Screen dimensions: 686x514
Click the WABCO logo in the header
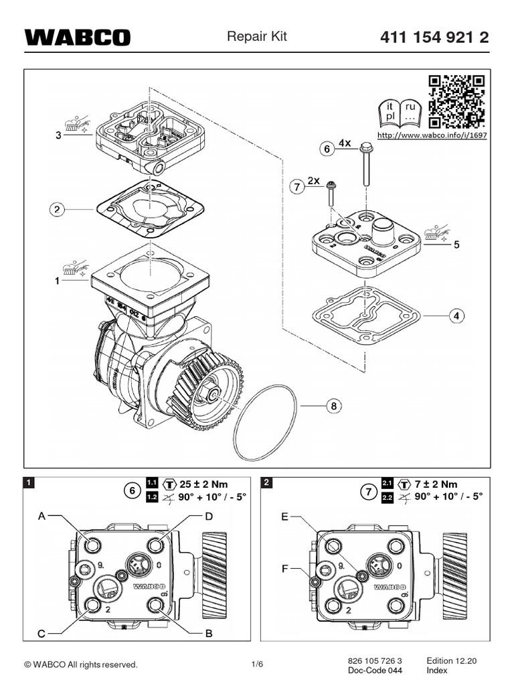click(x=78, y=38)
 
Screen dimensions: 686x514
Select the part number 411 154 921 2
click(x=434, y=38)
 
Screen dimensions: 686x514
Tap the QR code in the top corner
click(x=457, y=102)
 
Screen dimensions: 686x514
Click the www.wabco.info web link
click(x=432, y=135)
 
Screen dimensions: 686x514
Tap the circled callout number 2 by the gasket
click(x=58, y=210)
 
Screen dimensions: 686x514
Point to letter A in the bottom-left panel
click(x=41, y=517)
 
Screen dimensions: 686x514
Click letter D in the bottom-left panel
click(x=208, y=517)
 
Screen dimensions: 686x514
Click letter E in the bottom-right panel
click(x=284, y=517)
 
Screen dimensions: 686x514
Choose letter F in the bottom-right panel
click(x=284, y=568)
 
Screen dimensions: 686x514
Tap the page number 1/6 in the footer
click(x=257, y=665)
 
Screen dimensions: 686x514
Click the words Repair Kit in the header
click(x=256, y=37)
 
